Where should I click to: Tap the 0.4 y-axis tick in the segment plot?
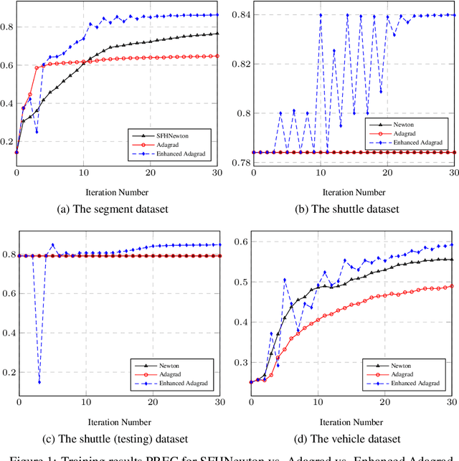pyautogui.click(x=7, y=103)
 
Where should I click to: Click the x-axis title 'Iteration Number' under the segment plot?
pyautogui.click(x=118, y=192)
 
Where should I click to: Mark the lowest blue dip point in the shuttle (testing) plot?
pyautogui.click(x=39, y=382)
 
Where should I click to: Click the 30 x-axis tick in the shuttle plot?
pyautogui.click(x=453, y=174)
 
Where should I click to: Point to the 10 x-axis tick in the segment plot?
pyautogui.click(x=84, y=174)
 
